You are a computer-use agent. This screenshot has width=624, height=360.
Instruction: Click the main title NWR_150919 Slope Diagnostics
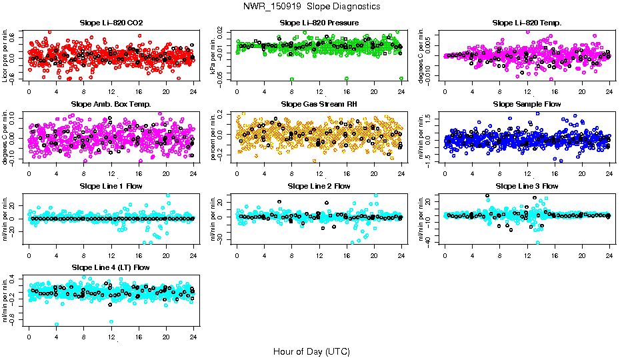[x=311, y=6]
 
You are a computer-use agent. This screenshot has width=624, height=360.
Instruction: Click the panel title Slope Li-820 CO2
[x=111, y=23]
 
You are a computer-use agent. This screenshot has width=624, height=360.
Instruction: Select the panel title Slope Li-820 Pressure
[x=319, y=23]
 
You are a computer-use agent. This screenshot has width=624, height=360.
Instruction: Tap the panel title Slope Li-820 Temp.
[x=527, y=23]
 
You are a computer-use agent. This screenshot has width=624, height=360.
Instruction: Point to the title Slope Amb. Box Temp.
[x=111, y=105]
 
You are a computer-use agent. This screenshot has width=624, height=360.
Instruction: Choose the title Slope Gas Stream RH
[x=319, y=105]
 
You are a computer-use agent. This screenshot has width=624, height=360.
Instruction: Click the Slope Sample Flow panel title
[x=527, y=105]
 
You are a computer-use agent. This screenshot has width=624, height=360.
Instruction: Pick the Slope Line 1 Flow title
[x=111, y=186]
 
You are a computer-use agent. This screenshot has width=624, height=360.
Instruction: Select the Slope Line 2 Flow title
[x=319, y=186]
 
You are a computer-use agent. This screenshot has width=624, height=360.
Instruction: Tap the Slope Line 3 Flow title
[x=527, y=186]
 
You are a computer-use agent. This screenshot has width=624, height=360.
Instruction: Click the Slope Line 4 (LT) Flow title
[x=111, y=267]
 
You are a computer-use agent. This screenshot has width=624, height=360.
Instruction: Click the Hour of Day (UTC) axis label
[x=311, y=351]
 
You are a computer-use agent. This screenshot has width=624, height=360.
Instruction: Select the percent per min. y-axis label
[x=214, y=137]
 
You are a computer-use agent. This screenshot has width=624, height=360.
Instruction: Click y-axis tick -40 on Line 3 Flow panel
[x=434, y=242]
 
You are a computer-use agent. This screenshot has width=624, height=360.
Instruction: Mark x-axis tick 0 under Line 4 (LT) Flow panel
[x=29, y=335]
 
